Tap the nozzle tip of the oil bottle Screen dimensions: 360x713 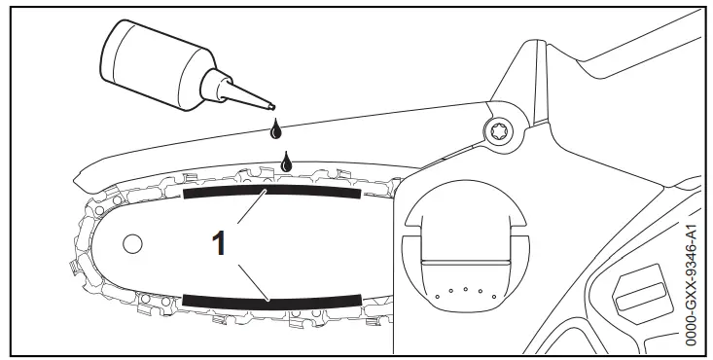click(273, 107)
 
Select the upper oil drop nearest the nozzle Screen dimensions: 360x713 click(277, 128)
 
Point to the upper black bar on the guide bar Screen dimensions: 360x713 click(272, 193)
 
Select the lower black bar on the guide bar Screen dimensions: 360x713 click(272, 300)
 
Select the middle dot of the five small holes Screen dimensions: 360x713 click(467, 289)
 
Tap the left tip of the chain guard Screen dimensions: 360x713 click(80, 178)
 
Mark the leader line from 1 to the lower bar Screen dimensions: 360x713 click(251, 277)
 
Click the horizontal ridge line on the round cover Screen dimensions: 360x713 click(467, 264)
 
